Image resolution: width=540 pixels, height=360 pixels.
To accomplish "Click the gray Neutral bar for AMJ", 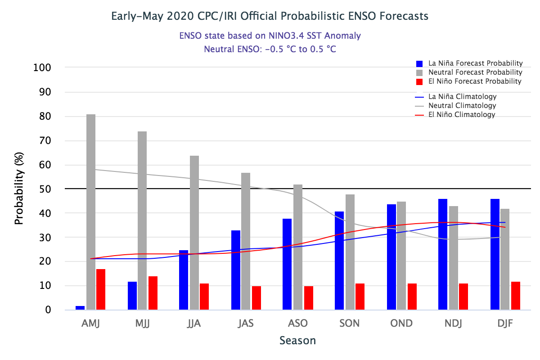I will click(x=91, y=212).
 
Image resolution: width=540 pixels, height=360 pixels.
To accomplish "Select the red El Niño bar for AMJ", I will click(x=101, y=289).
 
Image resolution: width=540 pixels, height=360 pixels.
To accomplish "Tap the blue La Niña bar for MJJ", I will click(x=132, y=296).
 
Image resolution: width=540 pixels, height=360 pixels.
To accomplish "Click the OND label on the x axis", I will click(x=402, y=324).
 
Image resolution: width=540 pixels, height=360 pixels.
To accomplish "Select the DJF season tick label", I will click(x=505, y=324).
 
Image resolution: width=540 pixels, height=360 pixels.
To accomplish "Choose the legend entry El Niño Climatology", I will click(x=462, y=115).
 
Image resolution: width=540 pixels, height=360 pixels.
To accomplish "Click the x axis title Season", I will click(x=297, y=340).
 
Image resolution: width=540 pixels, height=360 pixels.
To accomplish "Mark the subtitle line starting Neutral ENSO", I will click(x=270, y=49).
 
